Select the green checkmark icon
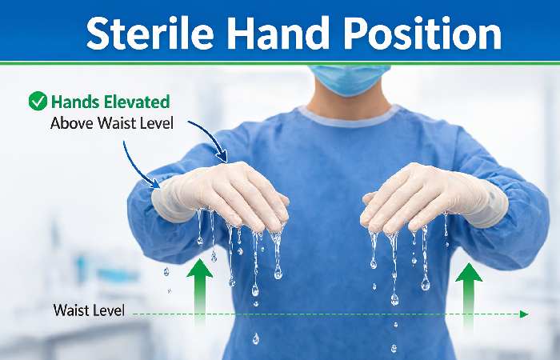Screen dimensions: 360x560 37,101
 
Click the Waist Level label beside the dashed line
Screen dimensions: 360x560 88,310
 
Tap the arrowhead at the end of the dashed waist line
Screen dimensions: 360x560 524,314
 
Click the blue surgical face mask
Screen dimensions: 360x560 350,78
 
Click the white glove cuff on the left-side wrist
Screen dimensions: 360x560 168,200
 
